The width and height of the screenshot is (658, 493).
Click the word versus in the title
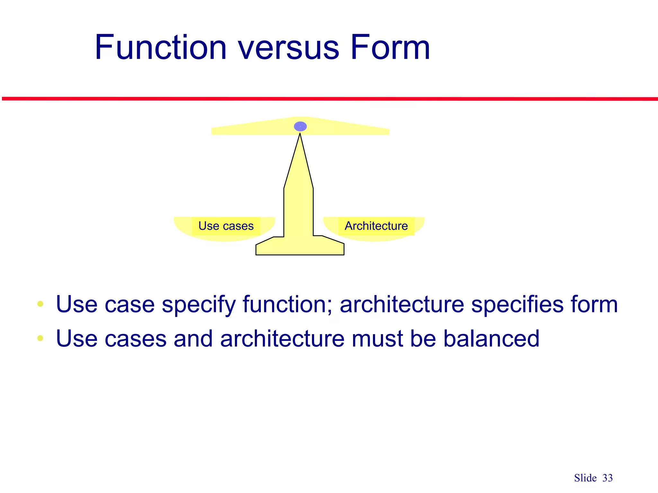pos(288,48)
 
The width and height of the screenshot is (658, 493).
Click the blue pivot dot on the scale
pos(300,126)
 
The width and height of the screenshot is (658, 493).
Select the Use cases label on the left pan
pos(226,226)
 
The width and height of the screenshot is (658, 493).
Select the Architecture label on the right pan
pos(376,226)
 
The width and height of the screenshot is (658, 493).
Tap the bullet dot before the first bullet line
pos(40,304)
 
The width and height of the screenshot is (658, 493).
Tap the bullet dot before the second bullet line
pos(40,338)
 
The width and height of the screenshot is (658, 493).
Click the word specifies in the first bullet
pos(517,305)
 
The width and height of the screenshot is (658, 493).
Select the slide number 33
pos(607,478)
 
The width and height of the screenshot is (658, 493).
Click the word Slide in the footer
pos(585,478)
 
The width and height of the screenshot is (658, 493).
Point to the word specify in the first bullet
pos(199,305)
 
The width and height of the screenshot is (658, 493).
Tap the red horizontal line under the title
pos(329,99)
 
